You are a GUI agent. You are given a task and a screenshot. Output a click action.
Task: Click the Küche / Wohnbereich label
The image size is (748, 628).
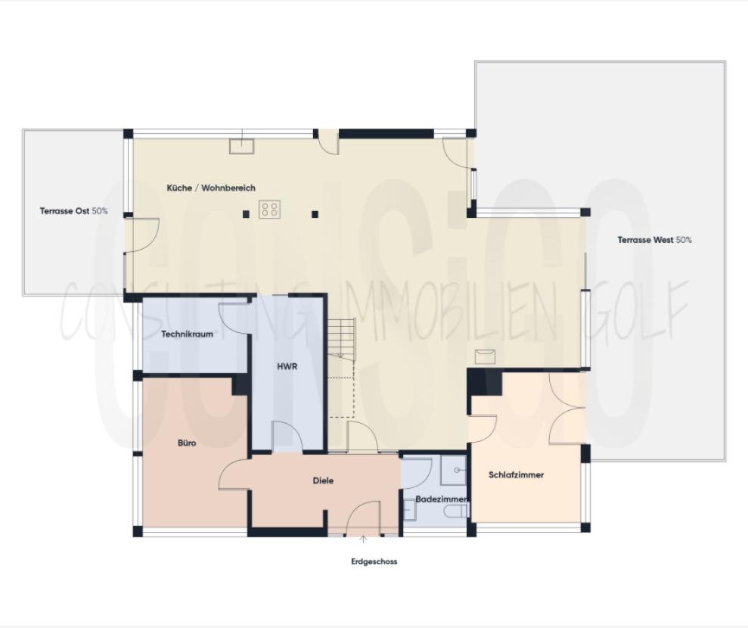211,188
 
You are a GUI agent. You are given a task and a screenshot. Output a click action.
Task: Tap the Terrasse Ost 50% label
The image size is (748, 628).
73,211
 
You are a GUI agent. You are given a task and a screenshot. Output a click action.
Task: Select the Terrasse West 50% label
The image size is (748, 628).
654,240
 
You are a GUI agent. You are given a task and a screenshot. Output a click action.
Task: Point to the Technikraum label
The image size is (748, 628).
187,334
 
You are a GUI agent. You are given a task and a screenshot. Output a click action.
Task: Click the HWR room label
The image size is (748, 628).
287,366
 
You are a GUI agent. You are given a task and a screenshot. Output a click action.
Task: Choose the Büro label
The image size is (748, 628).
187,443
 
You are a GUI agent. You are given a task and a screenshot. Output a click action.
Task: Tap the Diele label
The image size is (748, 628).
323,480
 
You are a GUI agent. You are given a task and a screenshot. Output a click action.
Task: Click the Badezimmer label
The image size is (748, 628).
441,499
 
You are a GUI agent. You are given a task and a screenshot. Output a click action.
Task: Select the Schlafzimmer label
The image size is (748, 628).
517,475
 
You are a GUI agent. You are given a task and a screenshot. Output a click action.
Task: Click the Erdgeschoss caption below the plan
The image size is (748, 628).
374,561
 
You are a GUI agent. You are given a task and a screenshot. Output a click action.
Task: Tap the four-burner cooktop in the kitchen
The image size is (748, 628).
270,209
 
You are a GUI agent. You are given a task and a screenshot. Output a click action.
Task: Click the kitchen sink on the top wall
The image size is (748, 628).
242,145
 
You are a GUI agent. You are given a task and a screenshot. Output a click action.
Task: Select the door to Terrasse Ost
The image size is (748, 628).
141,235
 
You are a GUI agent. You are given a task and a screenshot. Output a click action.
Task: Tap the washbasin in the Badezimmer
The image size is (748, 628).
455,471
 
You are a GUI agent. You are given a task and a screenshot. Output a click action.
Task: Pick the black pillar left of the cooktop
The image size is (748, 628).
246,214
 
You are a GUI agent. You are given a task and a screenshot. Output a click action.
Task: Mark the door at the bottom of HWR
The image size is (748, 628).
287,438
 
